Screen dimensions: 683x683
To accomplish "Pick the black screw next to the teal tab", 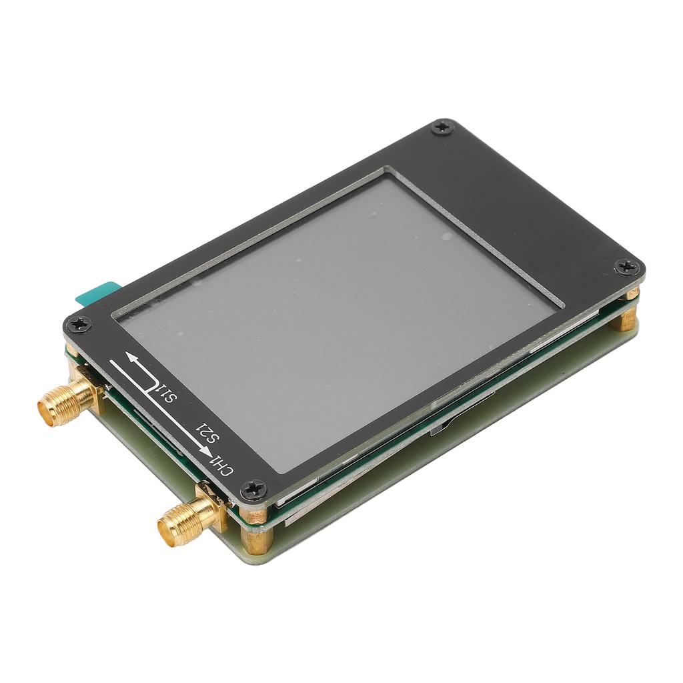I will pyautogui.click(x=79, y=323).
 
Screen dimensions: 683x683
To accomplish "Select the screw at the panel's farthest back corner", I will pyautogui.click(x=441, y=127).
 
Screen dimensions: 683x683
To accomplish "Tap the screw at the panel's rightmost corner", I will pyautogui.click(x=628, y=267).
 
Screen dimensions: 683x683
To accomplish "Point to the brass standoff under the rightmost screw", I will pyautogui.click(x=625, y=317).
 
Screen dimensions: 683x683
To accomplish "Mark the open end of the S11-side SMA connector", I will pyautogui.click(x=47, y=410).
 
